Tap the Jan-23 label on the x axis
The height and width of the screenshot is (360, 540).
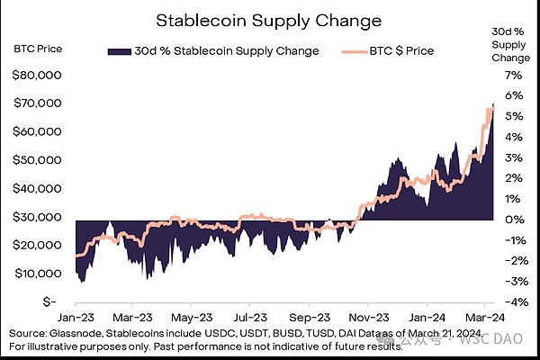pyautogui.click(x=77, y=318)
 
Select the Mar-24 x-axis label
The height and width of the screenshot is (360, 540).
pyautogui.click(x=485, y=318)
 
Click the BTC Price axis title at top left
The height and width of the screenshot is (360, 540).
pyautogui.click(x=38, y=46)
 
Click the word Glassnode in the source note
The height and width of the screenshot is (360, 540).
pyautogui.click(x=76, y=335)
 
